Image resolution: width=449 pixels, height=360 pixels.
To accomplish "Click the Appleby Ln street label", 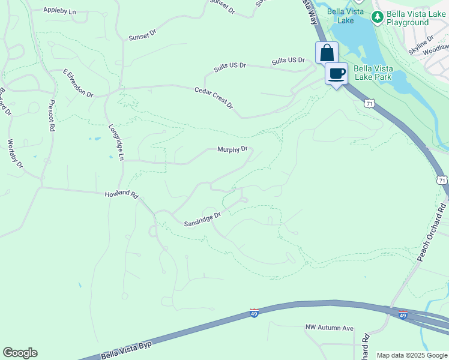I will (x=61, y=11).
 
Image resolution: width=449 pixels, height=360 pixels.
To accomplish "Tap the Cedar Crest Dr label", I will (x=214, y=98).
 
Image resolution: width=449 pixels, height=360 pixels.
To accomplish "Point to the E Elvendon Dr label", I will (x=79, y=83).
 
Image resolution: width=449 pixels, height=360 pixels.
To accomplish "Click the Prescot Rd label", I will (x=52, y=116).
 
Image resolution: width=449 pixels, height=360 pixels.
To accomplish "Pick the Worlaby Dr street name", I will (x=15, y=154).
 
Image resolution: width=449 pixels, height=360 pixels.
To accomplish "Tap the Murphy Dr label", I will (x=232, y=150).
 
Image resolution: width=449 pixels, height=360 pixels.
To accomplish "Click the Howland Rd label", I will (x=122, y=195).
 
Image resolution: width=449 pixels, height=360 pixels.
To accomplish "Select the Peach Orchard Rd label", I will (x=432, y=232).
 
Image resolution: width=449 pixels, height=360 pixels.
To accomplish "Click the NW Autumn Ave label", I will (x=329, y=328).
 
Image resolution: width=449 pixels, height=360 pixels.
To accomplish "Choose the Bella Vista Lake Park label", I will (x=373, y=73).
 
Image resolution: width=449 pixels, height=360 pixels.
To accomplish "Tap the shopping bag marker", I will (x=327, y=53).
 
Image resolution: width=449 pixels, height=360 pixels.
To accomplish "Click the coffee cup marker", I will (x=337, y=74).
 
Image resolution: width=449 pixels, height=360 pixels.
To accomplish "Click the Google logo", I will (x=20, y=353).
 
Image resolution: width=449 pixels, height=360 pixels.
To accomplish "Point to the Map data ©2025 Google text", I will (x=412, y=355).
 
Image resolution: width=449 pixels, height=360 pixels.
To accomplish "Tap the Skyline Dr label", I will (x=421, y=46).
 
